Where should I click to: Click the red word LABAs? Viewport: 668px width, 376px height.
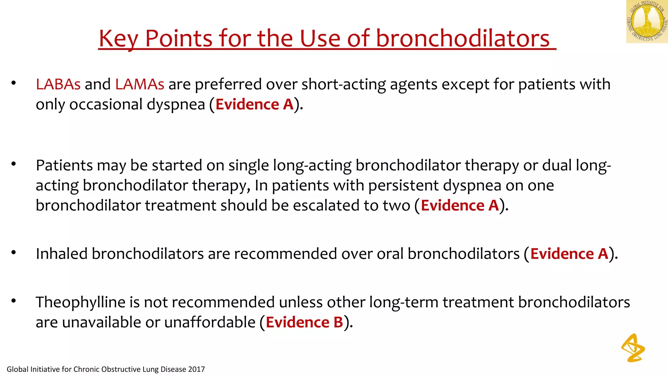tap(58, 84)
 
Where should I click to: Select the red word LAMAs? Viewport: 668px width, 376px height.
tap(140, 84)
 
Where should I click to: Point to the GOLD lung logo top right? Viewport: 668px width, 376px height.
tap(647, 22)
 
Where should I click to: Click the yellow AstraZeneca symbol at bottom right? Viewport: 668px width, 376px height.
tap(633, 348)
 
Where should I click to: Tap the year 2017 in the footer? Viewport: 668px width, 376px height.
tap(196, 369)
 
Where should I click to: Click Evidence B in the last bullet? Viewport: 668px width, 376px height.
tap(304, 322)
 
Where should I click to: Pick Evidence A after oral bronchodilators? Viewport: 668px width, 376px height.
tap(569, 254)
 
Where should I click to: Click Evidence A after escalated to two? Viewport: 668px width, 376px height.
tap(460, 206)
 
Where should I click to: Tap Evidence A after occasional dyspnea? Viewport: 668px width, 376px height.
tap(254, 104)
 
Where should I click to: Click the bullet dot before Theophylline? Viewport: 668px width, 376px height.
tap(13, 301)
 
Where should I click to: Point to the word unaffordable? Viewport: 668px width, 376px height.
tap(210, 322)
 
